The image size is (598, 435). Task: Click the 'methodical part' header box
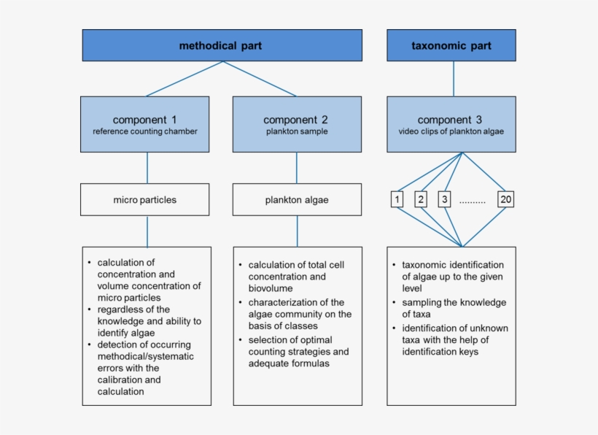pyautogui.click(x=221, y=45)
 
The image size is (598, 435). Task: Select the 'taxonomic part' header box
pyautogui.click(x=451, y=45)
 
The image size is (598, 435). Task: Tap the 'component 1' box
pyautogui.click(x=144, y=124)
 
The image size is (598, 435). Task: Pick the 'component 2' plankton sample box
pyautogui.click(x=296, y=124)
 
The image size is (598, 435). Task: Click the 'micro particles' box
pyautogui.click(x=144, y=199)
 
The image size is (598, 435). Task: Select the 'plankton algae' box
pyautogui.click(x=296, y=199)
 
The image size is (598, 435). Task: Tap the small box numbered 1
pyautogui.click(x=397, y=199)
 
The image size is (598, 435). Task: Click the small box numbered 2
pyautogui.click(x=421, y=199)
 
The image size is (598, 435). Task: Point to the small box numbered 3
pyautogui.click(x=444, y=199)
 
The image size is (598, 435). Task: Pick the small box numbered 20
pyautogui.click(x=506, y=199)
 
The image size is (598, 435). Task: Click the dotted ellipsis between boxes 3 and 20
pyautogui.click(x=473, y=201)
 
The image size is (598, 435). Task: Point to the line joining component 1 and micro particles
pyautogui.click(x=147, y=168)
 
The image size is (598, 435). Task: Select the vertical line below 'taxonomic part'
pyautogui.click(x=454, y=78)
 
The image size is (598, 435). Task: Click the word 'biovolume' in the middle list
pyautogui.click(x=271, y=288)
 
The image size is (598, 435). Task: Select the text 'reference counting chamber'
pyautogui.click(x=144, y=132)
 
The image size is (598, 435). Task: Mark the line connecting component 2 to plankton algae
pyautogui.click(x=297, y=168)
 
